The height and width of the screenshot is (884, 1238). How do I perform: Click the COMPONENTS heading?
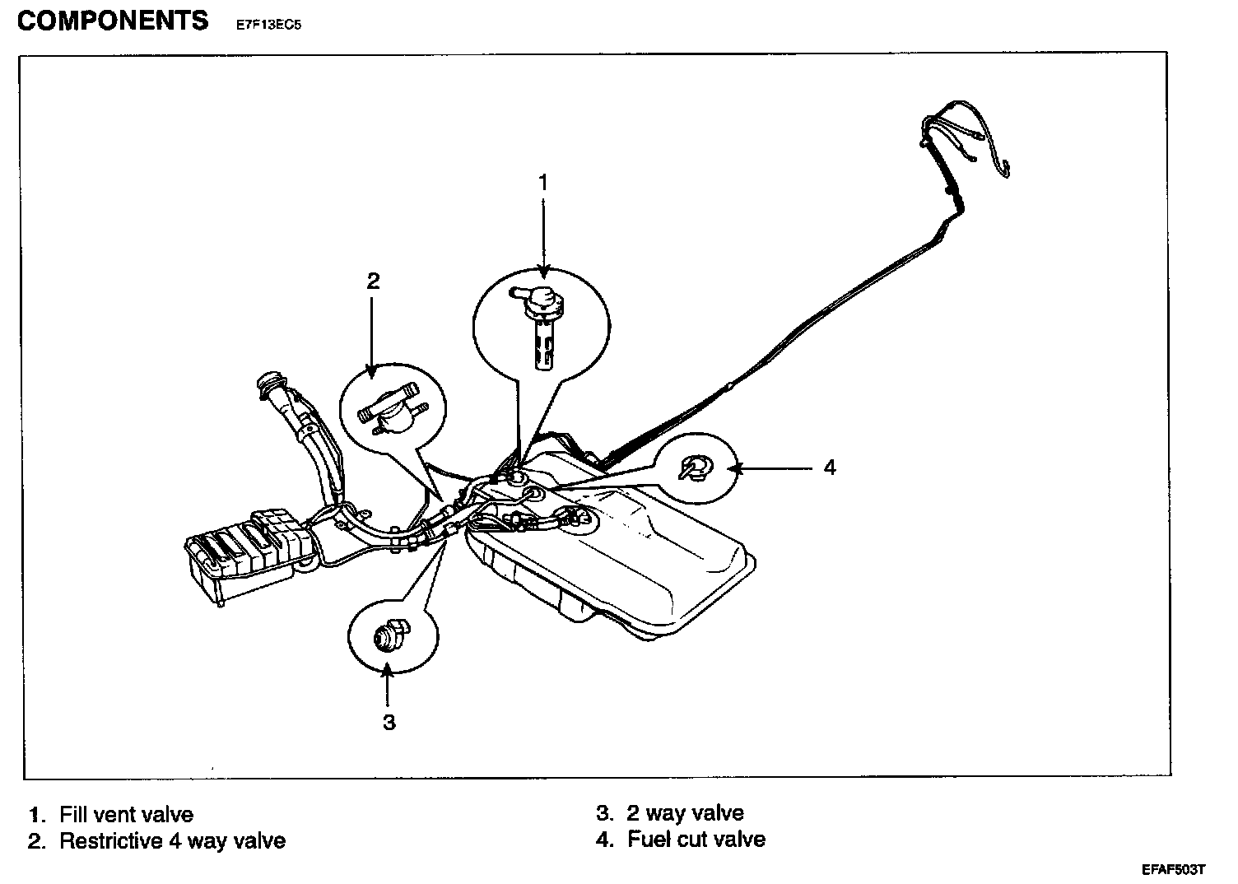pyautogui.click(x=113, y=21)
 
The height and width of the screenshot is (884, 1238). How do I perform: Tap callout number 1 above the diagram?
pyautogui.click(x=542, y=183)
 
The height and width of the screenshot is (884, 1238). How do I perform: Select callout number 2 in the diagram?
pyautogui.click(x=373, y=281)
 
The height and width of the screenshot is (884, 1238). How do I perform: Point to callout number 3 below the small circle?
pyautogui.click(x=389, y=723)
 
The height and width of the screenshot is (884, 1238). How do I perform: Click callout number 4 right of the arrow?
pyautogui.click(x=830, y=468)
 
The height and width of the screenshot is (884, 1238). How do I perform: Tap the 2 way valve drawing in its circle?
pyautogui.click(x=391, y=635)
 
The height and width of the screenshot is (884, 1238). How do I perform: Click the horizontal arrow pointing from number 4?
pyautogui.click(x=770, y=468)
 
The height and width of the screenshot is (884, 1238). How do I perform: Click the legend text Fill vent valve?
pyautogui.click(x=126, y=815)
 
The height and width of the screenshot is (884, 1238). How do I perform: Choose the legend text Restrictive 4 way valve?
pyautogui.click(x=172, y=841)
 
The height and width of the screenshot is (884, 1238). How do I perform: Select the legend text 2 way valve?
pyautogui.click(x=685, y=813)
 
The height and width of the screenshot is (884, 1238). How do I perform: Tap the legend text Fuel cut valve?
pyautogui.click(x=696, y=840)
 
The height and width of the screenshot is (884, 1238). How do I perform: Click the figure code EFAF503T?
pyautogui.click(x=1173, y=870)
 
